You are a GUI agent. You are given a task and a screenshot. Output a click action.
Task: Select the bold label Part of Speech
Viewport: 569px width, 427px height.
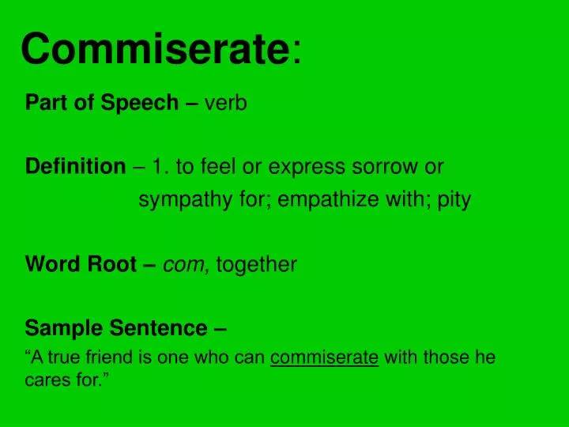[x=102, y=103]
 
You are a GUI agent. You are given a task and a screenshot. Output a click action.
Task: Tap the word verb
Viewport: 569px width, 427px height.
[x=226, y=103]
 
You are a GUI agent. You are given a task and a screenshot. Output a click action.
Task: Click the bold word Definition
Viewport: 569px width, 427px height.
[x=75, y=167]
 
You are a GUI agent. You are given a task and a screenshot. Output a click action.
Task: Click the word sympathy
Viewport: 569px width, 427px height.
[x=178, y=200]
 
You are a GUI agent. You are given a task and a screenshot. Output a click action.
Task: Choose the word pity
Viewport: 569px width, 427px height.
[x=454, y=200]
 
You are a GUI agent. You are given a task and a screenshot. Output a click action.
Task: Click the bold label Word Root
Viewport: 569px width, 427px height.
[x=81, y=264]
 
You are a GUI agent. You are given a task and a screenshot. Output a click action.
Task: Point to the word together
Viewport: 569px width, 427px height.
[x=256, y=264]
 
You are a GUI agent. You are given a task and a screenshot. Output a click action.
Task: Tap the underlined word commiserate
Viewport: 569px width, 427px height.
[x=325, y=357]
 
